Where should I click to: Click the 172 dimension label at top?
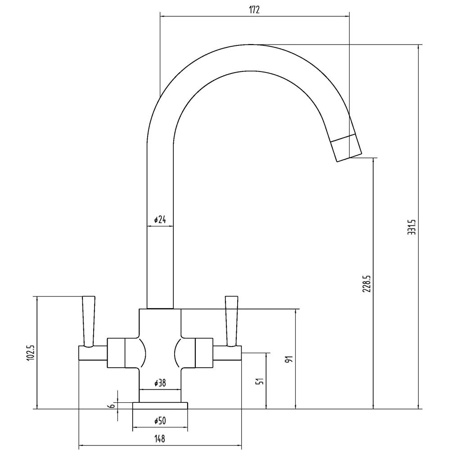click(x=254, y=10)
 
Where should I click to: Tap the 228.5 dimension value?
click(x=366, y=284)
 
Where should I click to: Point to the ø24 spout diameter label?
click(x=160, y=220)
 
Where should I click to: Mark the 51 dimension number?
click(x=260, y=381)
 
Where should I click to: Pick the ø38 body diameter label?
click(x=160, y=383)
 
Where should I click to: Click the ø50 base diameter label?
click(x=160, y=421)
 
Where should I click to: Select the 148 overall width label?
click(x=160, y=439)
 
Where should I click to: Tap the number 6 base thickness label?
click(x=112, y=405)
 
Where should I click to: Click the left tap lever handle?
click(x=88, y=321)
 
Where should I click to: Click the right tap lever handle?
click(x=232, y=321)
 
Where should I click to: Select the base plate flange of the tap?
click(x=160, y=405)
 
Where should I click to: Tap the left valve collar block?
click(x=116, y=353)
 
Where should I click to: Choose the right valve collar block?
click(x=204, y=353)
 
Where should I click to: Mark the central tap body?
click(x=160, y=355)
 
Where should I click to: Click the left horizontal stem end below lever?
click(x=93, y=353)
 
